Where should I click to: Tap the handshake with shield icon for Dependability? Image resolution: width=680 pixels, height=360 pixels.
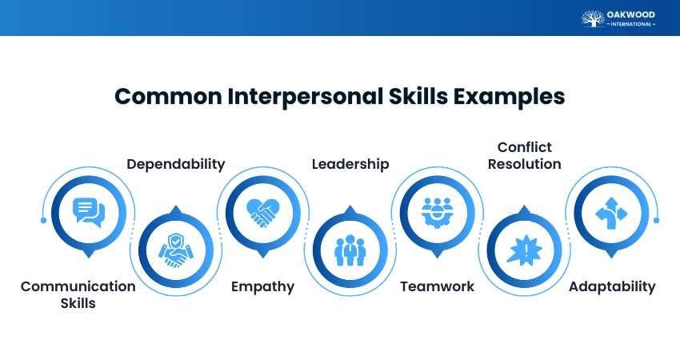[x=176, y=250]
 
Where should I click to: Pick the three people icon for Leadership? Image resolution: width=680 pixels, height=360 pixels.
[x=350, y=250]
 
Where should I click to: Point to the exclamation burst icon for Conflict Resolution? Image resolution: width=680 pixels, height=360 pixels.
[x=525, y=250]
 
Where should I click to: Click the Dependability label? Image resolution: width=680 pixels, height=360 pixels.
[x=176, y=164]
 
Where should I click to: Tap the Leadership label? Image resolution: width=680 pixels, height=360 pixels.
[x=350, y=164]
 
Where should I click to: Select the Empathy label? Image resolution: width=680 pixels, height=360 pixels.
[x=263, y=286]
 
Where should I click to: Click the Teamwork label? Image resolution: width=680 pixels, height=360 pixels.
[x=438, y=286]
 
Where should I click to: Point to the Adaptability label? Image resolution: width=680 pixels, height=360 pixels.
[x=612, y=286]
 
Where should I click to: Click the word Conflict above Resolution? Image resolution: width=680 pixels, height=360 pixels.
[x=525, y=147]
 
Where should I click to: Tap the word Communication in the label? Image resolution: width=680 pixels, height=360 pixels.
[x=78, y=286]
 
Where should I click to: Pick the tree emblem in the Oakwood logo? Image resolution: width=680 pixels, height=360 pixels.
[x=592, y=18]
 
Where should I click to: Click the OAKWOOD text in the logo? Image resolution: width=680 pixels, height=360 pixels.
[x=631, y=14]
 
